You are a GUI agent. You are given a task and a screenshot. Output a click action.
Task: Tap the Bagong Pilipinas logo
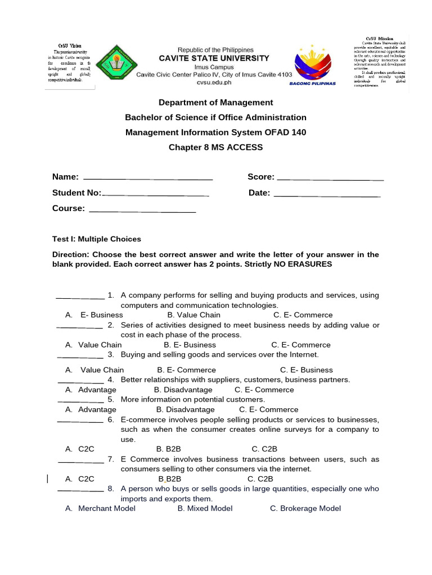(x=312, y=65)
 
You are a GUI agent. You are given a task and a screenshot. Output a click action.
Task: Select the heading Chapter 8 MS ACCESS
(x=215, y=147)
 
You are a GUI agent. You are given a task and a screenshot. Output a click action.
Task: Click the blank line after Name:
(x=148, y=179)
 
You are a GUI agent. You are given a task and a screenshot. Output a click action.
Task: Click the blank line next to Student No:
(x=155, y=194)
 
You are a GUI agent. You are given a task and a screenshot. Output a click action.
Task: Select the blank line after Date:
(x=327, y=195)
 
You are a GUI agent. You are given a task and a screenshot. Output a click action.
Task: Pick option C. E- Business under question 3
(x=307, y=370)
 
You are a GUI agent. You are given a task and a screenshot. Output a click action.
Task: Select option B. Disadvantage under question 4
(x=183, y=390)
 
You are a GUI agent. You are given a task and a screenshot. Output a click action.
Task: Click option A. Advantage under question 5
(x=91, y=409)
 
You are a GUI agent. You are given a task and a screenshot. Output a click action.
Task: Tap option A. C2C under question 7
(x=80, y=479)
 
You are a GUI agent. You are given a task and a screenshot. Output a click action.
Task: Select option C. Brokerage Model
(x=305, y=508)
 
